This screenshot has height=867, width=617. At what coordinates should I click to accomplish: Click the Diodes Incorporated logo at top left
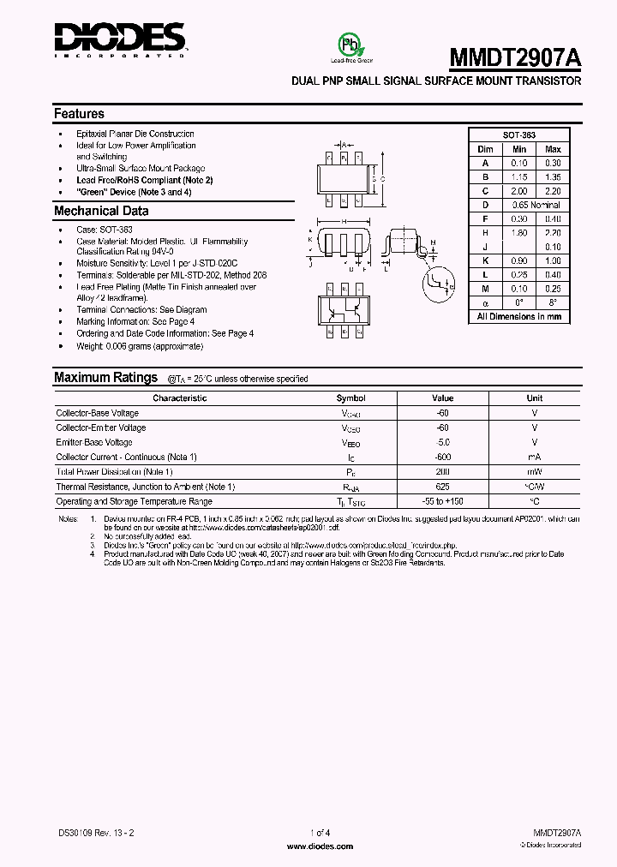pyautogui.click(x=120, y=39)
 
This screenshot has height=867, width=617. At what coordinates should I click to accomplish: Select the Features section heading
pyautogui.click(x=79, y=114)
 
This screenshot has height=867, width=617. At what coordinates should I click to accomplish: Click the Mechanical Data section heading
pyautogui.click(x=101, y=212)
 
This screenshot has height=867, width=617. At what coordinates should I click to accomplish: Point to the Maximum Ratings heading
pyautogui.click(x=105, y=378)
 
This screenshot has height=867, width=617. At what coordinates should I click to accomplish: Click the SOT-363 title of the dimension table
pyautogui.click(x=518, y=135)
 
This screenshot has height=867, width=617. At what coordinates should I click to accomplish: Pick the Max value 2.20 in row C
pyautogui.click(x=553, y=191)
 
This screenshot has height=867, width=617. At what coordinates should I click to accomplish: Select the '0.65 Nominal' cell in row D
pyautogui.click(x=536, y=205)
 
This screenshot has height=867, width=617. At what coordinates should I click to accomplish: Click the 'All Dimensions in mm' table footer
pyautogui.click(x=518, y=317)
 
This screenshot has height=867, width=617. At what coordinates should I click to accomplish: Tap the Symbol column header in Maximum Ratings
pyautogui.click(x=350, y=398)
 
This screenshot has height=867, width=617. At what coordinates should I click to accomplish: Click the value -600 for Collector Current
pyautogui.click(x=442, y=457)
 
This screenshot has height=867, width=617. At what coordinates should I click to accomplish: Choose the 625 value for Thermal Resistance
pyautogui.click(x=442, y=487)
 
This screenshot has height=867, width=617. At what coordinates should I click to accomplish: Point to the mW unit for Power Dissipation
pyautogui.click(x=534, y=472)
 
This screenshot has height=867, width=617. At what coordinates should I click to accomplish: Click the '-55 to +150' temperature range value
pyautogui.click(x=442, y=501)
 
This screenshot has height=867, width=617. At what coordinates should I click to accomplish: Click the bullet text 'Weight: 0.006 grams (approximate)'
pyautogui.click(x=140, y=346)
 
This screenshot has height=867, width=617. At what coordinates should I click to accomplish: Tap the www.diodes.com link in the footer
pyautogui.click(x=318, y=846)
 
